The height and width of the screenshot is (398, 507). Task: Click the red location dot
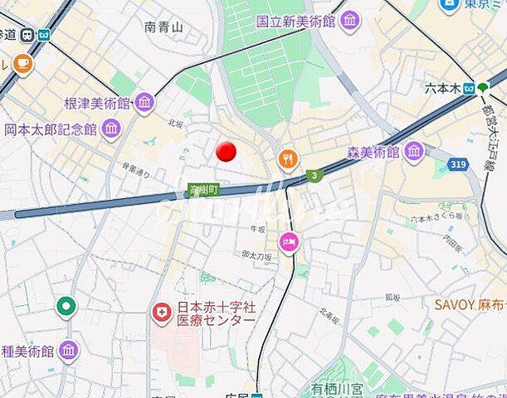pos(226,152)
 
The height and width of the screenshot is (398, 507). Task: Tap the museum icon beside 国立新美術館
pos(350,20)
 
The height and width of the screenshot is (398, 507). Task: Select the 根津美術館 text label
pos(97,104)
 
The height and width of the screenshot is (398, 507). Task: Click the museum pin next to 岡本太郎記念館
pos(110,129)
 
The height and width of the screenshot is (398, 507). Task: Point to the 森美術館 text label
pos(373,153)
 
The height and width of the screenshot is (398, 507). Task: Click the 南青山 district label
pos(163,27)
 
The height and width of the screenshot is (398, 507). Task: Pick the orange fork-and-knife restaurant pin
pos(288,158)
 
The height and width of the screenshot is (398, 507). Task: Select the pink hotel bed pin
pos(289,242)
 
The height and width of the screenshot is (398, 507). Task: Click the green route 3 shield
pos(314,176)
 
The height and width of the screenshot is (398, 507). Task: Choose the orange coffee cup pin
pos(22,62)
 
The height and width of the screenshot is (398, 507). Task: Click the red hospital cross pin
pos(161,313)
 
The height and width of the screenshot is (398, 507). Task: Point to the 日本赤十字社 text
pos(214,308)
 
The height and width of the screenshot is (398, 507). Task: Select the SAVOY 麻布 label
pos(470,304)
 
